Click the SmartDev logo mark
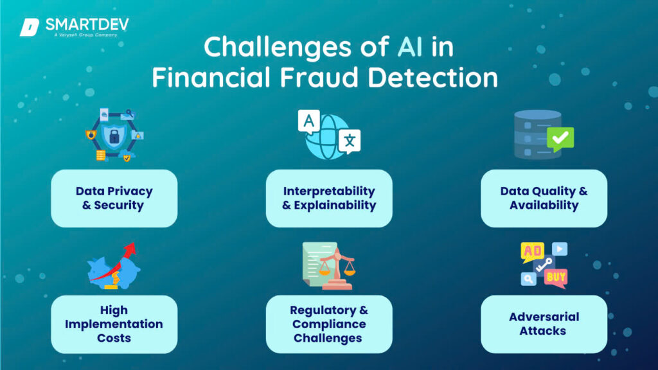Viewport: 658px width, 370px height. [30, 27]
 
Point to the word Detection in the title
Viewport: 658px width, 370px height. [437, 78]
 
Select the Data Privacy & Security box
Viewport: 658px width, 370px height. [114, 198]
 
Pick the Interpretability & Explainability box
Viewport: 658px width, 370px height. [329, 198]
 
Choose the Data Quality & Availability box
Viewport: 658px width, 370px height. [544, 198]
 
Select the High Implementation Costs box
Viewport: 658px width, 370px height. [114, 324]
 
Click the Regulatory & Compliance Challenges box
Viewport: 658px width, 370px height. [329, 324]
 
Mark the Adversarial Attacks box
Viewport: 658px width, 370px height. [544, 324]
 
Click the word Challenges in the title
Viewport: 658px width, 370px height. [293, 48]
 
